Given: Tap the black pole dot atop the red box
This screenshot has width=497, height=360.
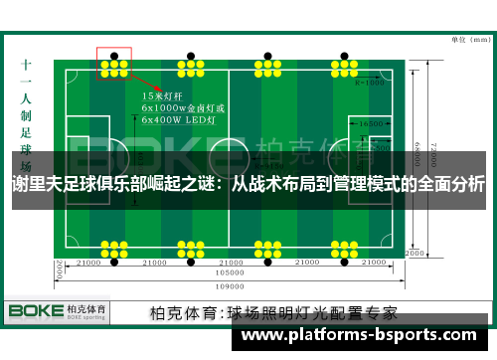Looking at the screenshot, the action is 115,54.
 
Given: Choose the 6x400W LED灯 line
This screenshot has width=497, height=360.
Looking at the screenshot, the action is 180,118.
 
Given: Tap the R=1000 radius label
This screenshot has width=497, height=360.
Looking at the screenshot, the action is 370,84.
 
